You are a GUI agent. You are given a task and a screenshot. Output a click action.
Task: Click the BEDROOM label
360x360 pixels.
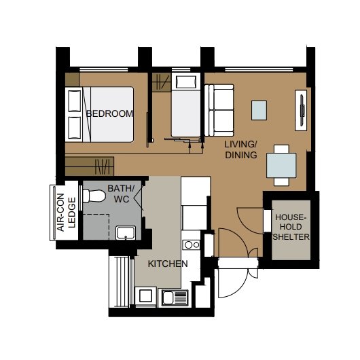110,113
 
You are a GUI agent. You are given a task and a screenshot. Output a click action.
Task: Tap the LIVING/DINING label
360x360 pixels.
241,149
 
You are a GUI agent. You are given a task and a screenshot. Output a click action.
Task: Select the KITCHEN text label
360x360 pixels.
168,264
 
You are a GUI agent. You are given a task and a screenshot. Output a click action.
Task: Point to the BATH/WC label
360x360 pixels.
121,194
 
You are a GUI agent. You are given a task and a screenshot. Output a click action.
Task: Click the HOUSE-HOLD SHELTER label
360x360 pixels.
291,227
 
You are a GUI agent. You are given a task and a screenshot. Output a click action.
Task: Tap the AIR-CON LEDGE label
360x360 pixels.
67,213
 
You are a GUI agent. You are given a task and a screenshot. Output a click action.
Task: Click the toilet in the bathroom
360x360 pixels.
94,196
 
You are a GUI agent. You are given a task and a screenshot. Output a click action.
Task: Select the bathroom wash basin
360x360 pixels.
126,232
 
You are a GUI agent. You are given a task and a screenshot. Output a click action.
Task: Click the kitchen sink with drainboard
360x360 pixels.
175,298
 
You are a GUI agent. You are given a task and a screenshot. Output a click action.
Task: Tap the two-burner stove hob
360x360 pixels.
192,245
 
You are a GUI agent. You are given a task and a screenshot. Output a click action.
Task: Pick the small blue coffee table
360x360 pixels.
259,110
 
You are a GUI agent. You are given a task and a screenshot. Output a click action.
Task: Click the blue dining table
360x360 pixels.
281,165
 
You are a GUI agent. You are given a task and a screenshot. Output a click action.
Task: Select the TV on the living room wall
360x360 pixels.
302,111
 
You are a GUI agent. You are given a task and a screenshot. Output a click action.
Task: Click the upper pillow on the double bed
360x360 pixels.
75,101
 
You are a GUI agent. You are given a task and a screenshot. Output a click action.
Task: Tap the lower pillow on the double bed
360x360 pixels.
75,128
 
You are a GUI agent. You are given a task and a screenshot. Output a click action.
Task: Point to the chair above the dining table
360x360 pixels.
281,149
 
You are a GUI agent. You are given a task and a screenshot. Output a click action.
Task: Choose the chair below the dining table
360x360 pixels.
281,181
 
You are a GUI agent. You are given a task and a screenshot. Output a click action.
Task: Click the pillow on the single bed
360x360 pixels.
186,82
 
